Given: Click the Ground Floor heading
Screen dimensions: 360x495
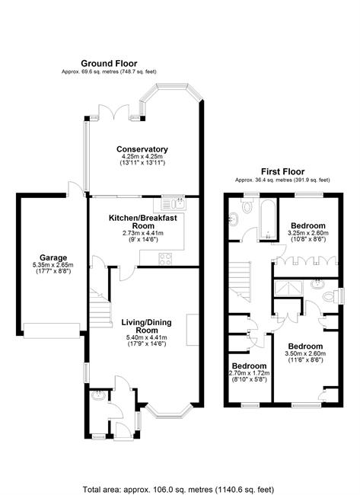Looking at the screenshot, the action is tap(109, 63).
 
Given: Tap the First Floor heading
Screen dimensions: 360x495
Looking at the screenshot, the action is tap(282, 172).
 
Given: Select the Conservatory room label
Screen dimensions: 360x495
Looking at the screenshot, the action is tap(142, 149).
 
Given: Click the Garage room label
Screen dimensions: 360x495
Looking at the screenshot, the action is tap(53, 257).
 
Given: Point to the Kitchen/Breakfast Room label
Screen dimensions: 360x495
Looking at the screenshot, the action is tap(143, 222).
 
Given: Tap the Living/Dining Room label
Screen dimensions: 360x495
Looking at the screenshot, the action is tap(147, 326).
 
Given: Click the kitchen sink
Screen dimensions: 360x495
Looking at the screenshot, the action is tap(174, 203).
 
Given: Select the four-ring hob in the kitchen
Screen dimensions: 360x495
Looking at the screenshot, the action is tap(165, 259).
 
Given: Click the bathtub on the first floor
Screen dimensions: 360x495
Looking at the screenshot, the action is tap(268, 219).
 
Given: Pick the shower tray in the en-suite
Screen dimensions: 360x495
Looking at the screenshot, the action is tap(288, 289).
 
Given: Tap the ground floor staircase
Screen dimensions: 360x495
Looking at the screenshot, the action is tap(100, 308).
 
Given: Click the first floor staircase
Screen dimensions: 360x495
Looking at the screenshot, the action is tap(240, 281).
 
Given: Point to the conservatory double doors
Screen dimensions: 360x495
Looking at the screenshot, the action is tap(114, 112).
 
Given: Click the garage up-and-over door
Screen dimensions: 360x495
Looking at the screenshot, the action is tap(52, 331).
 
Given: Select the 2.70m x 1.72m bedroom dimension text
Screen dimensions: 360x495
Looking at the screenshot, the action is tap(249, 373).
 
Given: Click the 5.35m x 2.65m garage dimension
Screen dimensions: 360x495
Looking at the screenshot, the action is tap(53, 265).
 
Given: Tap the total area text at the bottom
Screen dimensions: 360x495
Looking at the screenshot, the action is tap(178, 490).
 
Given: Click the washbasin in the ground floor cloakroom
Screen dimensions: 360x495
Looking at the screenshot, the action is tap(99, 395).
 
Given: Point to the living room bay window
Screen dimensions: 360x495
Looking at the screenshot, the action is tap(169, 411).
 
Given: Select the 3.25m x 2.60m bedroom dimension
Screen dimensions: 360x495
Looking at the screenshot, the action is tap(308, 233).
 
